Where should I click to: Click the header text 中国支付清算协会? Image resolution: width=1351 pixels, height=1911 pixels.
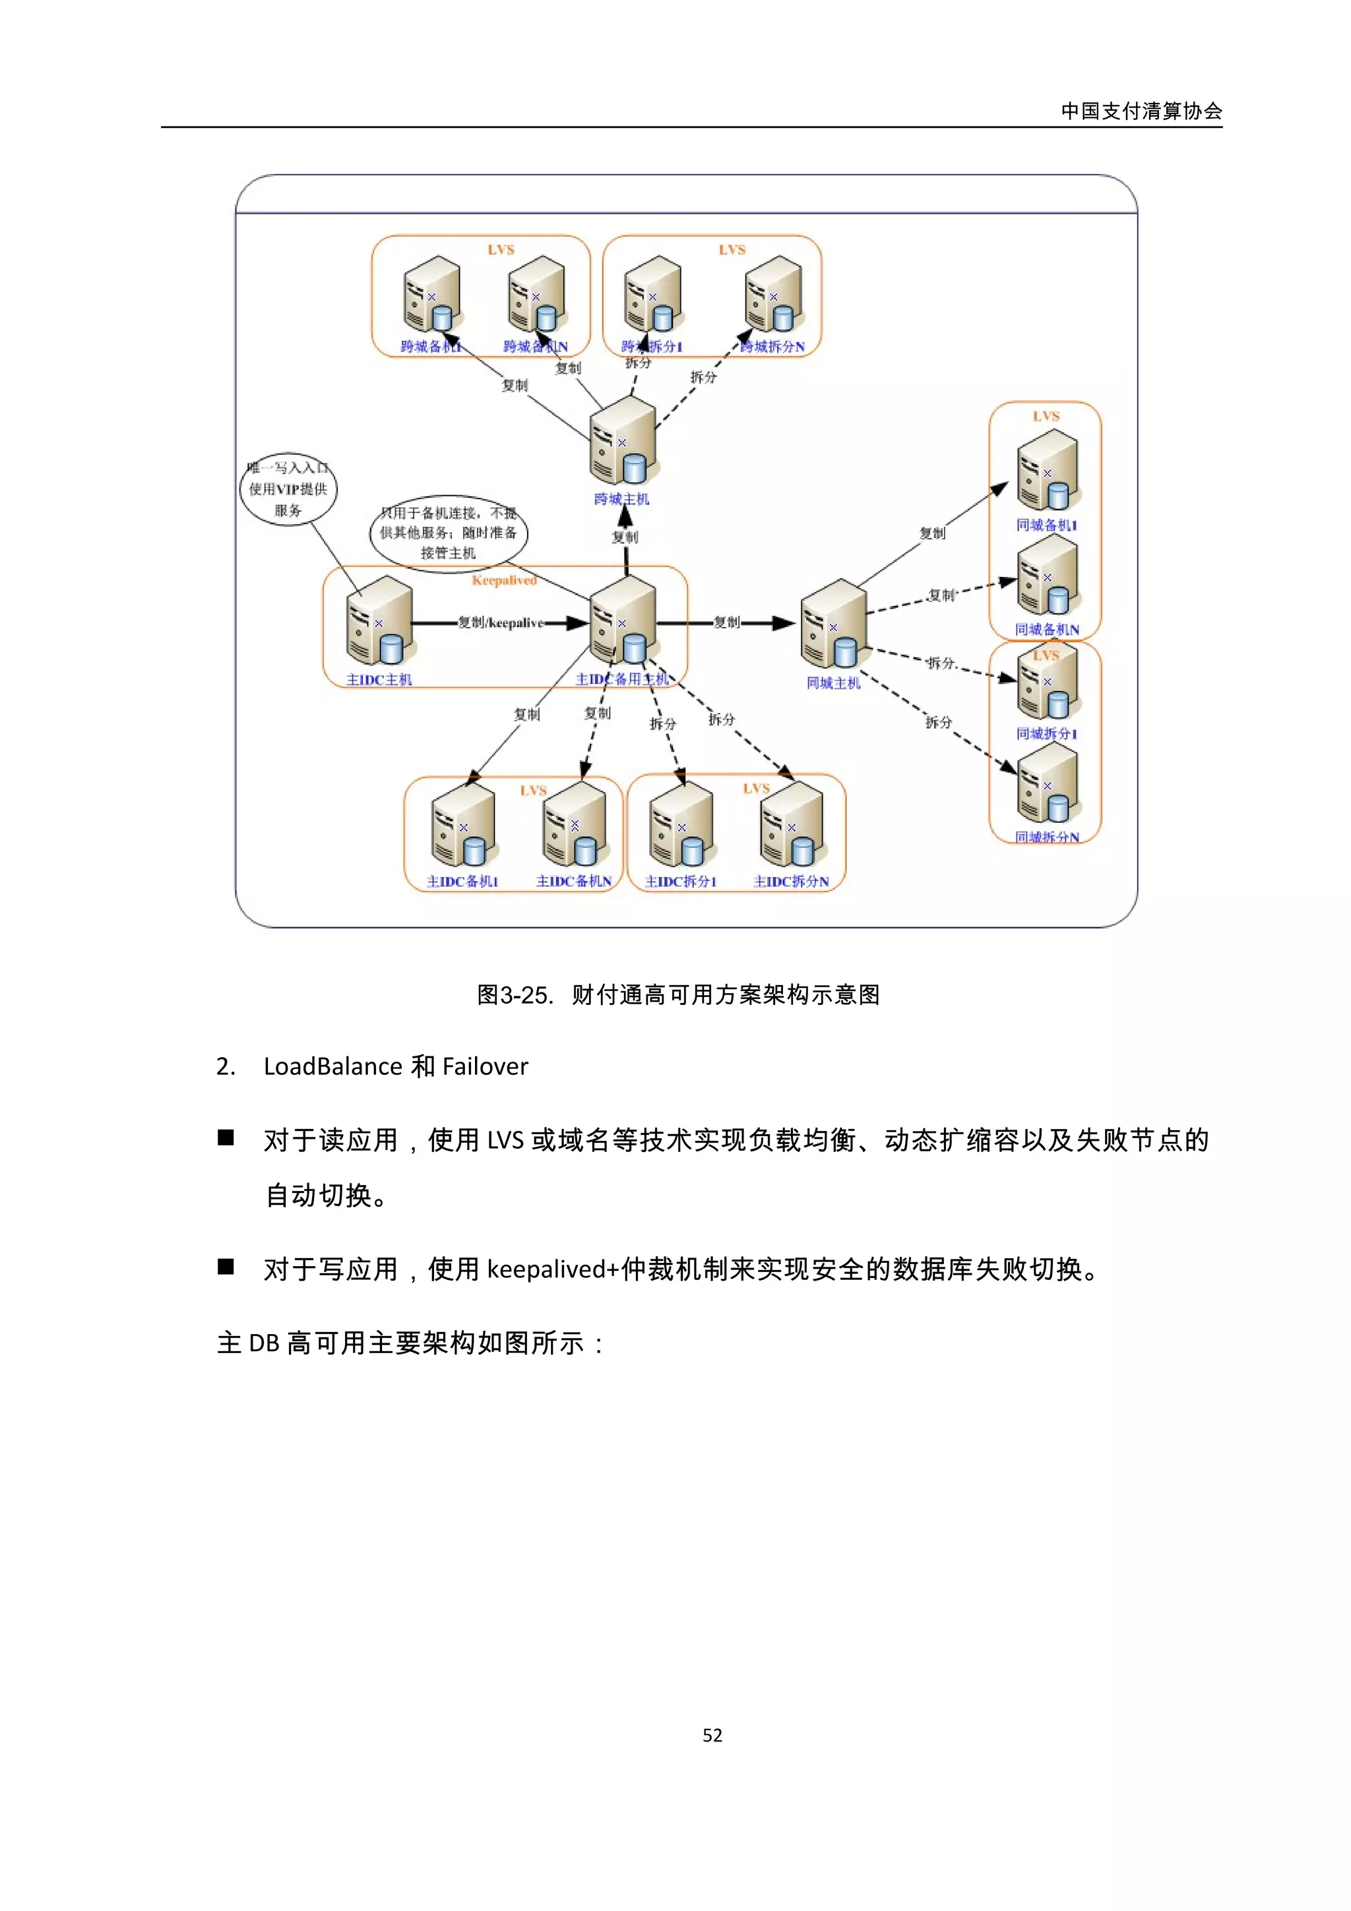(1141, 111)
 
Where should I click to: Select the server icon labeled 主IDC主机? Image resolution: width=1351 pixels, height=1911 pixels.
(379, 622)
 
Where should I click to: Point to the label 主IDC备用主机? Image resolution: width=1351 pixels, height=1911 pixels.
(622, 679)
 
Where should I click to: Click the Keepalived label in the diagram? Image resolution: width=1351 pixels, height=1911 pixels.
(503, 580)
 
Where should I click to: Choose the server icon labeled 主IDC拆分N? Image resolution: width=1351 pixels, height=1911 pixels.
(791, 825)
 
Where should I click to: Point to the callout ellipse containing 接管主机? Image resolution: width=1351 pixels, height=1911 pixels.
(448, 533)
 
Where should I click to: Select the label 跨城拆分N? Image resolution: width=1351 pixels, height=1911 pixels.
(772, 347)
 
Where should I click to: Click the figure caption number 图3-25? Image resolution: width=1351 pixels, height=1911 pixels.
(514, 994)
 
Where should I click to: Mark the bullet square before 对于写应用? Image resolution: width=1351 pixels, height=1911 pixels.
(226, 1267)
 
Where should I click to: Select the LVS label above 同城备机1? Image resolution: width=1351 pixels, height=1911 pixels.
(1046, 416)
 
